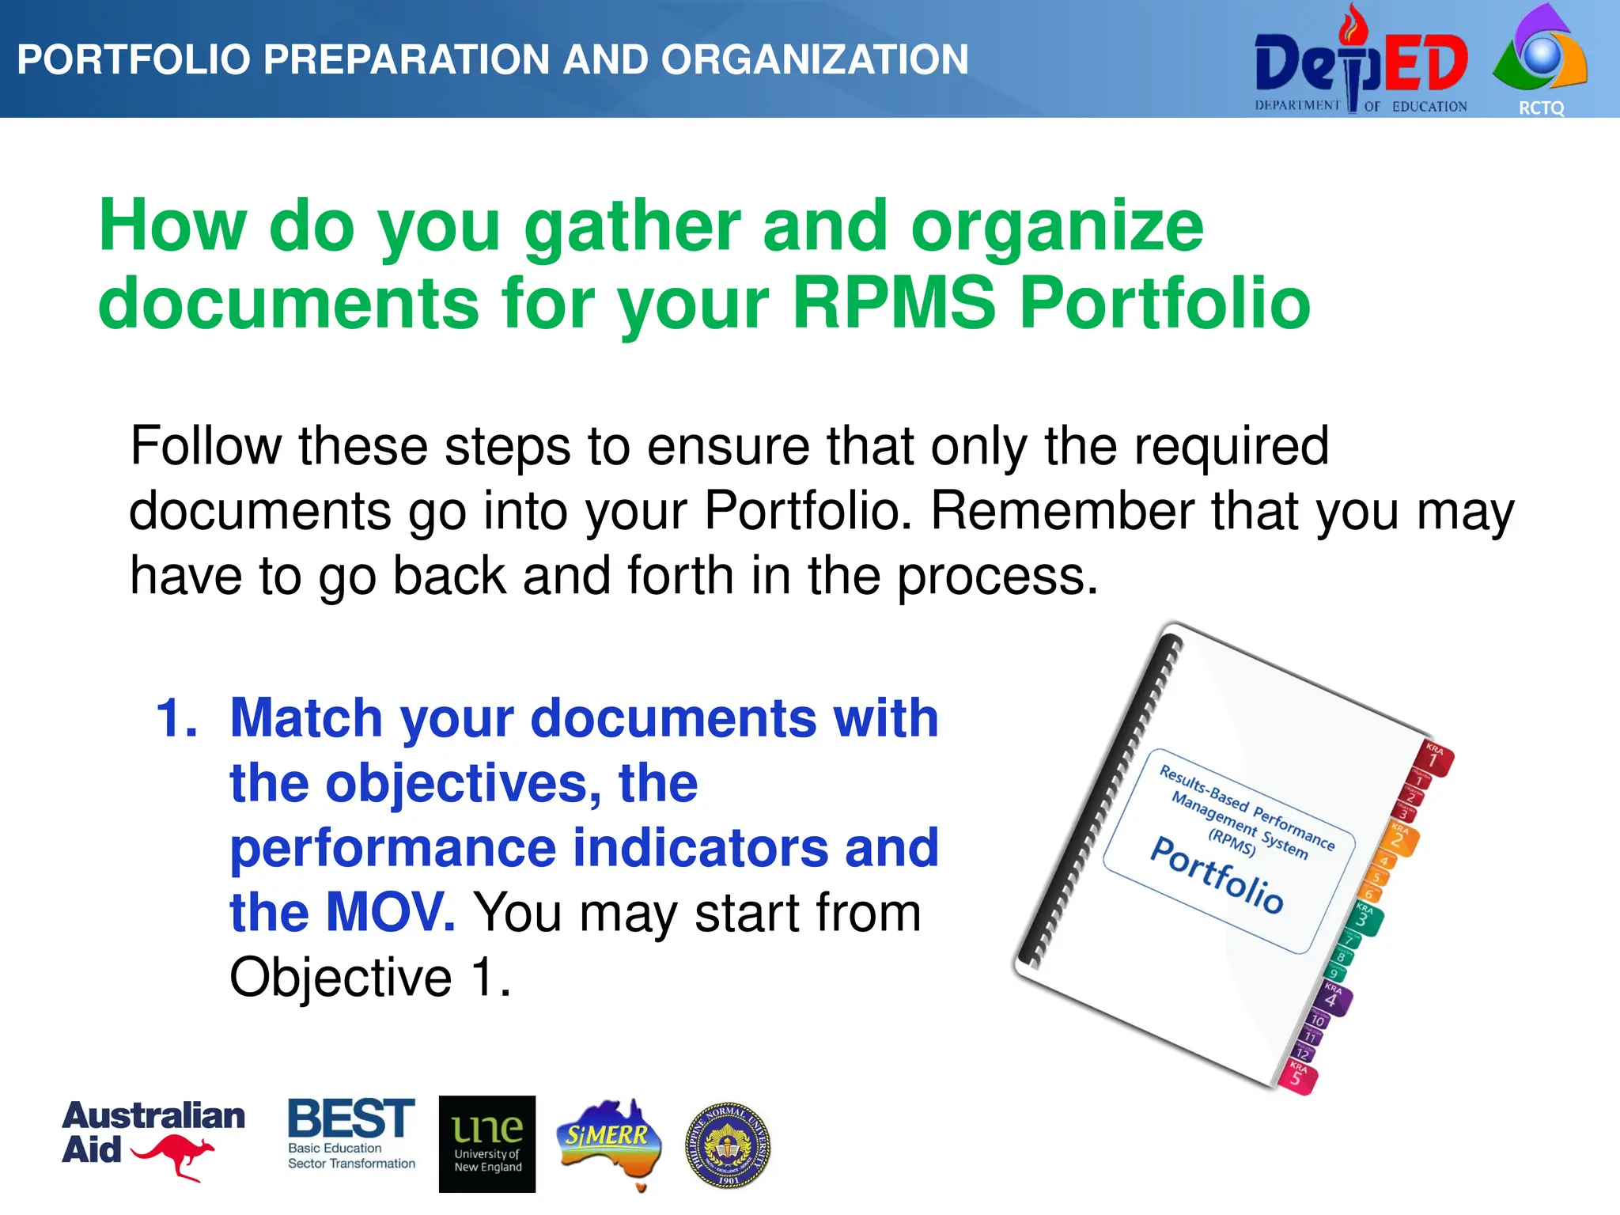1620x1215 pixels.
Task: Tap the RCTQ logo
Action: (1539, 59)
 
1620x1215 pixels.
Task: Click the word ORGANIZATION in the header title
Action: (815, 59)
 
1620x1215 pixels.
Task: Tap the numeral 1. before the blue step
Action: (176, 718)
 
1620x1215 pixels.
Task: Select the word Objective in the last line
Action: (340, 978)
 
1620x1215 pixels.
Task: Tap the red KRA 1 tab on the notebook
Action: (1433, 758)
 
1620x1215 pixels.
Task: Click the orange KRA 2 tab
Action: (1399, 838)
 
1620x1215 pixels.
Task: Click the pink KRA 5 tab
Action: (1297, 1077)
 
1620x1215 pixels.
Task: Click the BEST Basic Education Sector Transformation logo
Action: (350, 1133)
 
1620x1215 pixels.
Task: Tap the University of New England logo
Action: (487, 1144)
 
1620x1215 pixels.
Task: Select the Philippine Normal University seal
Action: (727, 1146)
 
